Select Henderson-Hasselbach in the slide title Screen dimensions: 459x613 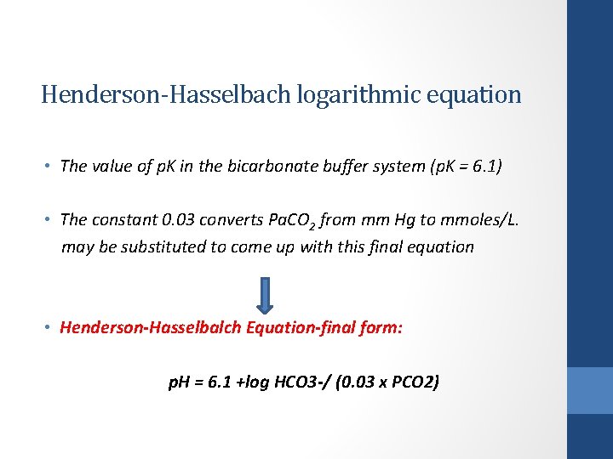click(x=167, y=94)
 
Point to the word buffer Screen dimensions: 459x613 click(x=335, y=167)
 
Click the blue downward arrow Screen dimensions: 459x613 click(x=265, y=294)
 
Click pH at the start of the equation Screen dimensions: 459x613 click(x=180, y=382)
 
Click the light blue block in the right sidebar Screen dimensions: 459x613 click(x=590, y=390)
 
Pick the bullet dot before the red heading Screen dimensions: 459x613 click(x=49, y=328)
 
